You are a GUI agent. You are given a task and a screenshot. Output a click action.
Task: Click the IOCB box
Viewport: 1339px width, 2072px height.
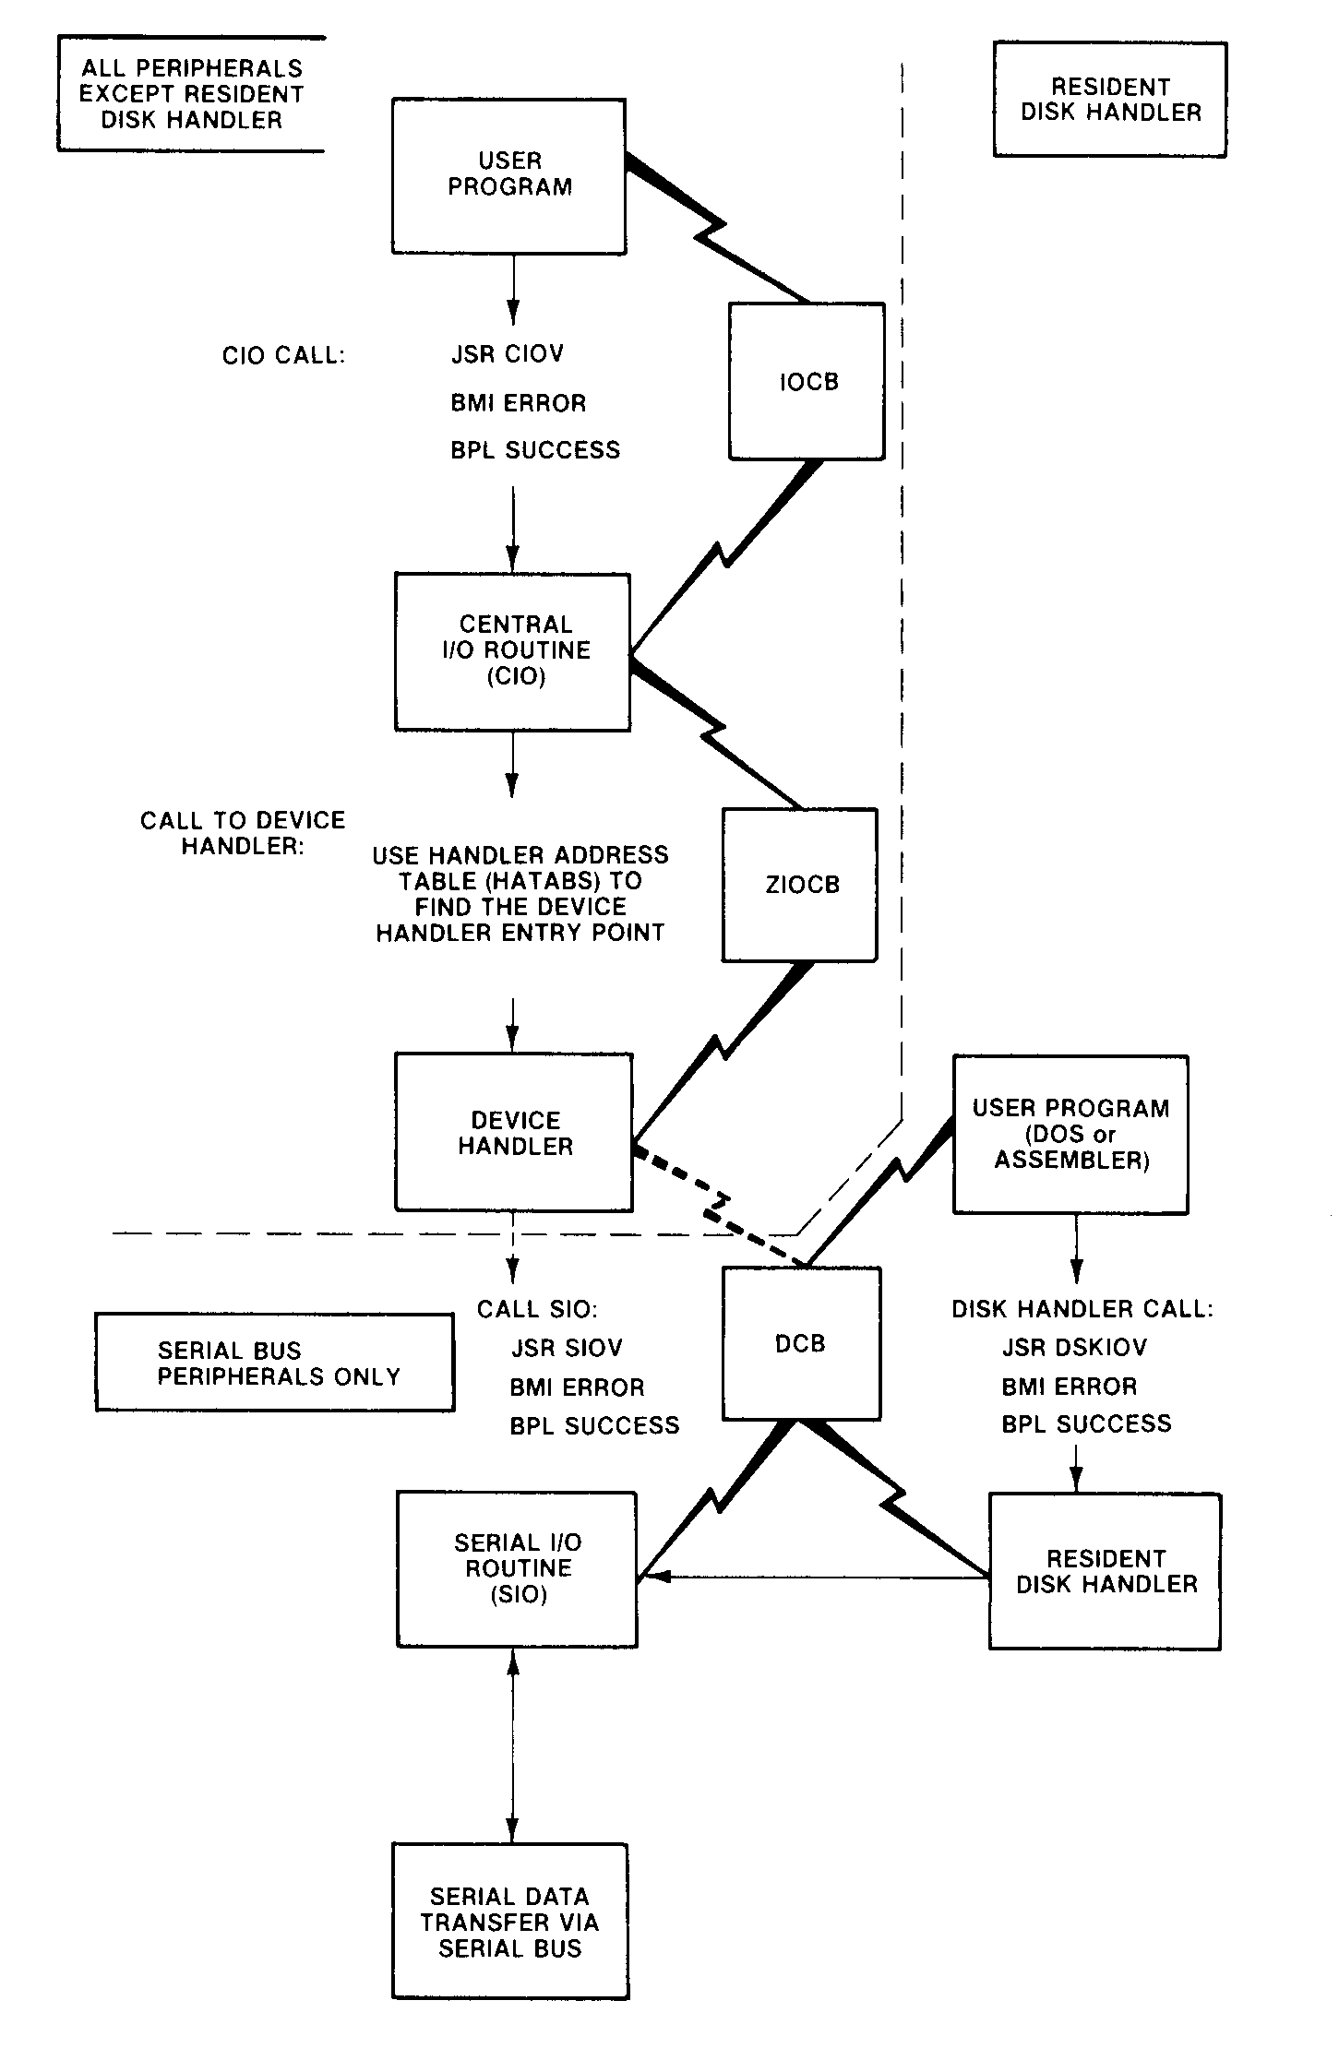(807, 381)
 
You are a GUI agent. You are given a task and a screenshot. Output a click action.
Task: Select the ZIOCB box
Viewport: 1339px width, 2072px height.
(800, 885)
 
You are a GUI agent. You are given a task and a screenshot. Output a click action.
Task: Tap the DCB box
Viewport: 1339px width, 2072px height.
(800, 1343)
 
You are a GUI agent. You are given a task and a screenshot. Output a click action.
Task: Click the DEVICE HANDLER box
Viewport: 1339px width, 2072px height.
(514, 1132)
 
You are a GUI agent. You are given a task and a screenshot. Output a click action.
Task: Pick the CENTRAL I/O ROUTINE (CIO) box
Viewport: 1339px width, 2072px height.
(513, 650)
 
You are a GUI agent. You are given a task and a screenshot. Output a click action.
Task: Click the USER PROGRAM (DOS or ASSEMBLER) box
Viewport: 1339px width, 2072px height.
(1070, 1134)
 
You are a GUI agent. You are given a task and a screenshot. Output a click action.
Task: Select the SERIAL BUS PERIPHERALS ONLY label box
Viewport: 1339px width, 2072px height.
(275, 1363)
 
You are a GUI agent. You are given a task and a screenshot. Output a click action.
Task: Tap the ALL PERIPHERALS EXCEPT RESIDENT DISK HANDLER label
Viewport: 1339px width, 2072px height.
(191, 93)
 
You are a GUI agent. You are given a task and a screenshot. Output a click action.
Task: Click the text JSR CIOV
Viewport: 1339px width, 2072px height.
(507, 354)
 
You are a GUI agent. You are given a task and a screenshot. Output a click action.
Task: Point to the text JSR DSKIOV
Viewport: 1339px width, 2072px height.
(1074, 1347)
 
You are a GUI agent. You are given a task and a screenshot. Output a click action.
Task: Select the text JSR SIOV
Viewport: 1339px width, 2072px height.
(567, 1348)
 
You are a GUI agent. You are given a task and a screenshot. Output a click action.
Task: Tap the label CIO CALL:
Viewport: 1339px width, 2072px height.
(283, 356)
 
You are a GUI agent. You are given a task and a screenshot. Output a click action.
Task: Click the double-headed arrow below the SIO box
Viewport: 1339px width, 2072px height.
(513, 1745)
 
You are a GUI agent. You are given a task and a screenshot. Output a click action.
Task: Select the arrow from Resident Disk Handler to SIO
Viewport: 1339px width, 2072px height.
(812, 1578)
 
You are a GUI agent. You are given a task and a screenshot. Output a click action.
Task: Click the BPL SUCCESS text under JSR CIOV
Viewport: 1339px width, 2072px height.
(535, 450)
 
